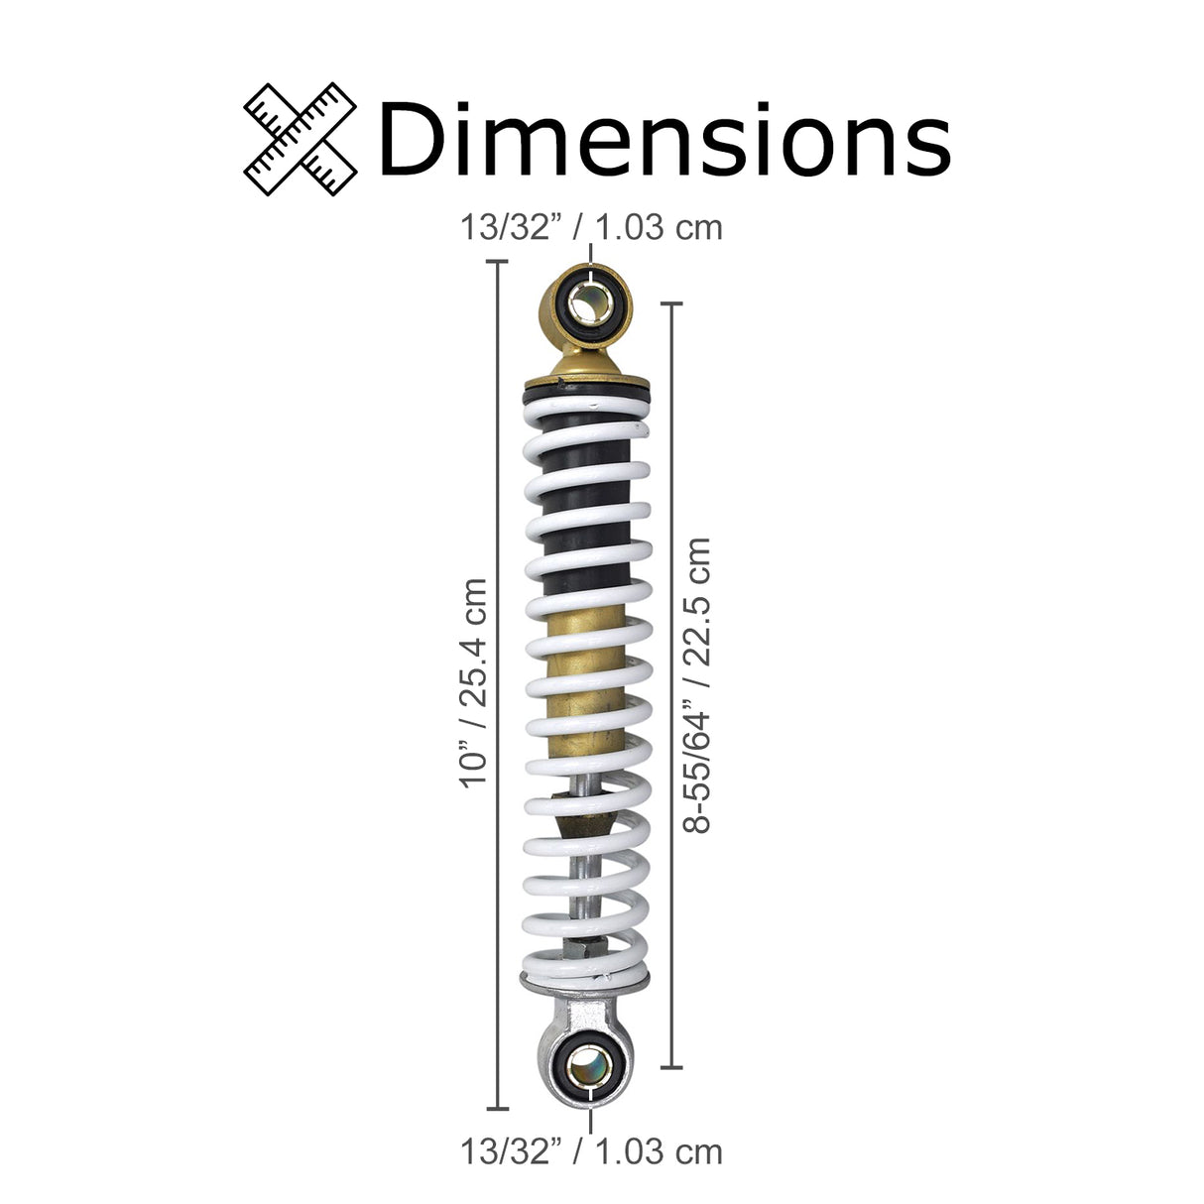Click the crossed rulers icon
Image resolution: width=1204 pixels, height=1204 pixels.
[x=300, y=139]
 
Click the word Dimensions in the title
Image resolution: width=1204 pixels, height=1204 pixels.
[x=664, y=139]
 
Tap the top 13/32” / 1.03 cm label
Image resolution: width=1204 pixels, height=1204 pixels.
[x=591, y=227]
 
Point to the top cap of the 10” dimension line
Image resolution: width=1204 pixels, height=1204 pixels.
[x=497, y=261]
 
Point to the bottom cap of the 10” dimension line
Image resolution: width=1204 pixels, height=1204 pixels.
[x=497, y=1109]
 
